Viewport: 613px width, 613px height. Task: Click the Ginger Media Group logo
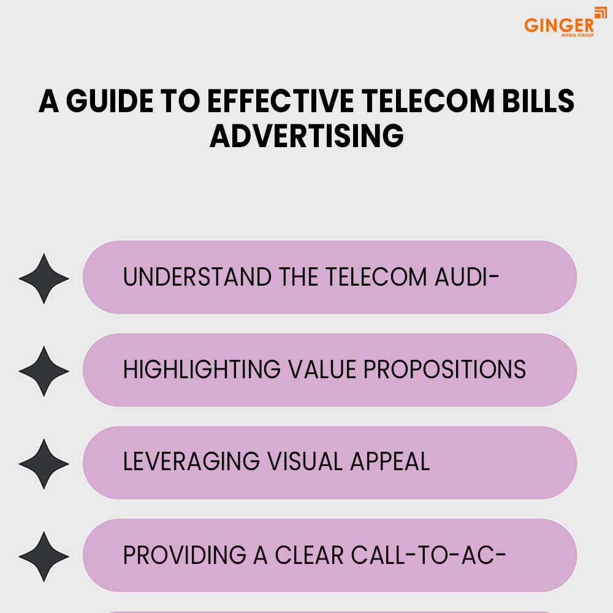565,22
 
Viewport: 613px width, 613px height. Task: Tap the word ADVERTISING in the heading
306,136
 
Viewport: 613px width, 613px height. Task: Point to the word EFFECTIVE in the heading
280,101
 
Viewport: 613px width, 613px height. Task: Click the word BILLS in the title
538,101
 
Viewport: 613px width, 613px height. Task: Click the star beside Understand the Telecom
44,278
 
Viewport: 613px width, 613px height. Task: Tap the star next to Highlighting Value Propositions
44,371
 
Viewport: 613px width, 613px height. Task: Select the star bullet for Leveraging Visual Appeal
44,463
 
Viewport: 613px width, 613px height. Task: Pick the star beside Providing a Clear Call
44,557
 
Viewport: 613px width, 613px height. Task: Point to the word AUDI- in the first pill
466,277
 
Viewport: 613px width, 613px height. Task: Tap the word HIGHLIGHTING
202,370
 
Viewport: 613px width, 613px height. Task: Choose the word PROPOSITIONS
445,370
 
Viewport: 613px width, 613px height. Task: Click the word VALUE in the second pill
322,370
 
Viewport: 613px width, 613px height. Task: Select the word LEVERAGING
191,462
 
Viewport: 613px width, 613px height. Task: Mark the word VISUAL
305,462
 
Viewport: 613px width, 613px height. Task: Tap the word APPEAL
390,462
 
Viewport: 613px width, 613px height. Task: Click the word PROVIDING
185,555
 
